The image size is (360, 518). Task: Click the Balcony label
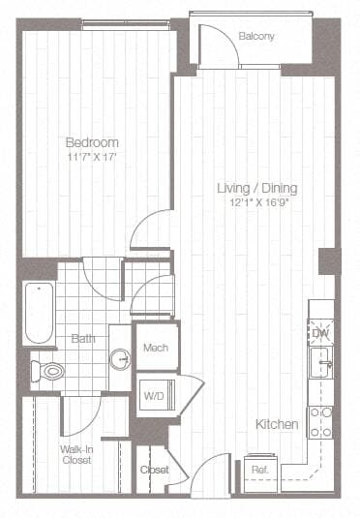click(256, 37)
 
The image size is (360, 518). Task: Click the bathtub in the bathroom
click(39, 312)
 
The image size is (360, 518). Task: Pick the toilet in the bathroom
click(46, 370)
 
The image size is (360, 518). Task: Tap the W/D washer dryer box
click(154, 394)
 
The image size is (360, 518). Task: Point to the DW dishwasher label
click(320, 333)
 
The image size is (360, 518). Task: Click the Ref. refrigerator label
click(259, 471)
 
